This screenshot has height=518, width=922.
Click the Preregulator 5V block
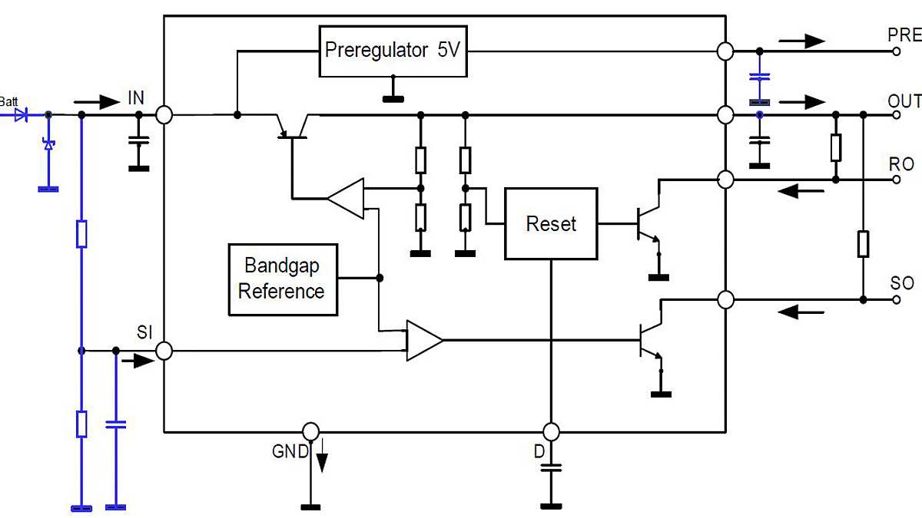click(393, 51)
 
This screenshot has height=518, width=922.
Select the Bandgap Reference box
click(283, 279)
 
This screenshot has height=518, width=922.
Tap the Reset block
click(550, 224)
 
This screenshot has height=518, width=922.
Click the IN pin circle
click(164, 115)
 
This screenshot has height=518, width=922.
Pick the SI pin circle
click(164, 351)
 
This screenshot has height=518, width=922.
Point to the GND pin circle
click(310, 431)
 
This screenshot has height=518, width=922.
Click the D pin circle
click(550, 431)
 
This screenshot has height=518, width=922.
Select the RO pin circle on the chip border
click(725, 180)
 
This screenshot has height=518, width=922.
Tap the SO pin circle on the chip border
click(725, 299)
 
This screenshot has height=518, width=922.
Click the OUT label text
click(904, 102)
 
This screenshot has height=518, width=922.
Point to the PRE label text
click(904, 35)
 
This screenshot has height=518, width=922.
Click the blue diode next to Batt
click(22, 115)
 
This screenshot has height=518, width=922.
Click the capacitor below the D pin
click(550, 468)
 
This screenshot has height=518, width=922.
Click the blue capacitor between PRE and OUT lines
click(759, 78)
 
